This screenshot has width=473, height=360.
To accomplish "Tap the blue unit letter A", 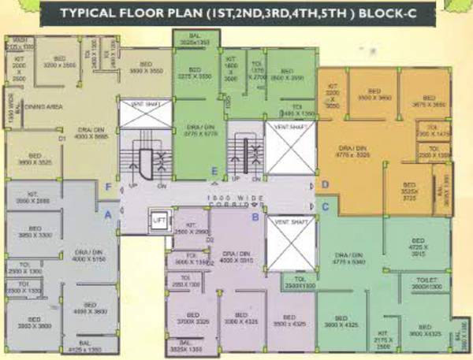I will point(108,211).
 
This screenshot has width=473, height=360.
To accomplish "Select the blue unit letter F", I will point(108,187).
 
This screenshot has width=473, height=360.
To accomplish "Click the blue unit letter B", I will point(255,216).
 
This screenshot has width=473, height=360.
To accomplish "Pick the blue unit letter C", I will point(324,206).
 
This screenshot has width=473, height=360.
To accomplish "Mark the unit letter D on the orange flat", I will point(324,184).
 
